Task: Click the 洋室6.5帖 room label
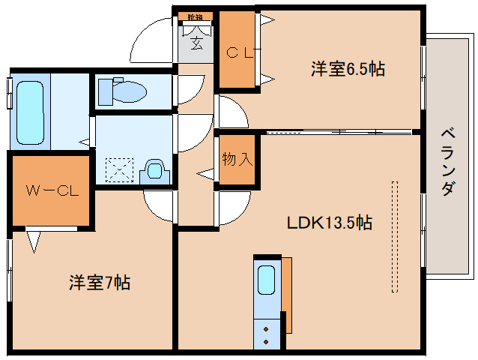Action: tap(348, 70)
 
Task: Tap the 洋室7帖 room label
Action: tap(100, 283)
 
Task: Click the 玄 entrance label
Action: tap(196, 44)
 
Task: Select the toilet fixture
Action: tap(124, 91)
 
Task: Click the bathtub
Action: tap(30, 112)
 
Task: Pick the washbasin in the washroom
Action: tap(155, 170)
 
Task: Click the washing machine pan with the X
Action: tap(118, 169)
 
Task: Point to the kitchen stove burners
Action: tap(266, 334)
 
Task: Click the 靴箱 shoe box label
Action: tap(196, 16)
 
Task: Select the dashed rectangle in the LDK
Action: tap(395, 235)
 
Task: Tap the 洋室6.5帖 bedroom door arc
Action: tap(233, 112)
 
